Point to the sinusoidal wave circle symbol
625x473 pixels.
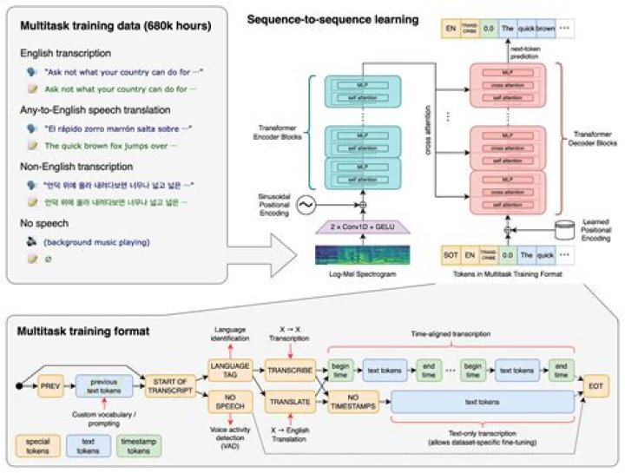[306, 205]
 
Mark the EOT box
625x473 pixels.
[600, 385]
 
